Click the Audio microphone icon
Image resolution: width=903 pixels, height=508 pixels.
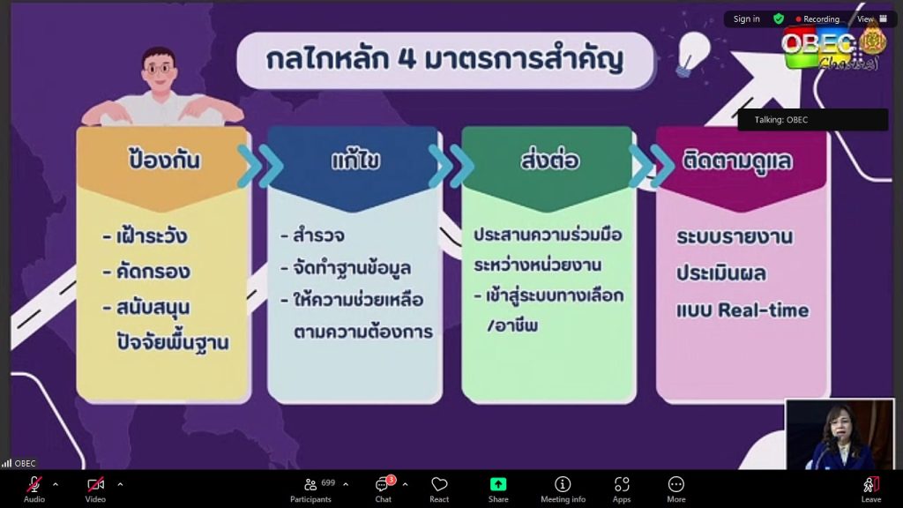point(34,484)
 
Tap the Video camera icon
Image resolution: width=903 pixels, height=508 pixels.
point(95,484)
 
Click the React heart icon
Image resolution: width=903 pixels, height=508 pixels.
point(439,484)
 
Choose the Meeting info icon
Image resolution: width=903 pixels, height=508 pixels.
point(563,484)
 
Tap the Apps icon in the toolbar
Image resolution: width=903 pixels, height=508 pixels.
point(622,484)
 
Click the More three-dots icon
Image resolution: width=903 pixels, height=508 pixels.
point(676,484)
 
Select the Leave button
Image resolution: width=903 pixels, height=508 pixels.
point(870,489)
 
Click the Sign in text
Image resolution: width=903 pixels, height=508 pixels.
point(746,19)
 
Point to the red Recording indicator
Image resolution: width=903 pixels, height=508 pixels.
point(798,19)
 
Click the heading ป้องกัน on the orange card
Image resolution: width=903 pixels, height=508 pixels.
point(165,161)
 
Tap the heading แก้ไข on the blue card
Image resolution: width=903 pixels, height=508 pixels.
point(355,161)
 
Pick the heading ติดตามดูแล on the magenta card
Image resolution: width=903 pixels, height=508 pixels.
point(737,161)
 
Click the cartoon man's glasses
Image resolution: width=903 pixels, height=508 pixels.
point(160,69)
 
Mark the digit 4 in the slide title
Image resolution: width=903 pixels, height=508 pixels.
point(406,59)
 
